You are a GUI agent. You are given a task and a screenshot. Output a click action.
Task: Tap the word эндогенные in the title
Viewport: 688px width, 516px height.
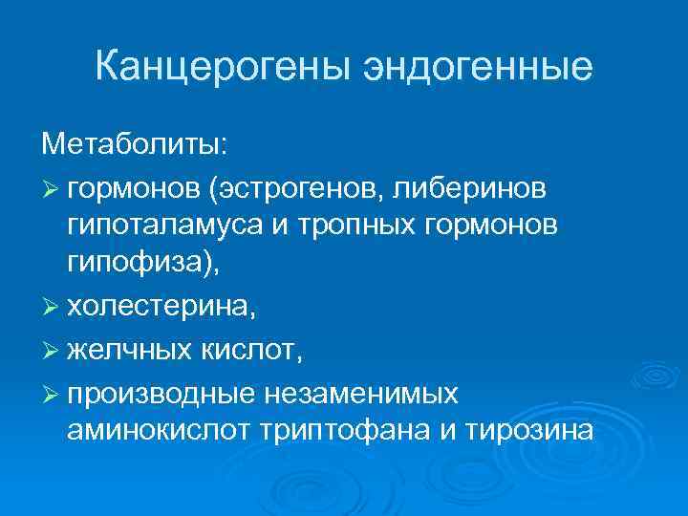[475, 68]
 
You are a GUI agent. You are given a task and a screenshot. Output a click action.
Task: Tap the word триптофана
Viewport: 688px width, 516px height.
[341, 432]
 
